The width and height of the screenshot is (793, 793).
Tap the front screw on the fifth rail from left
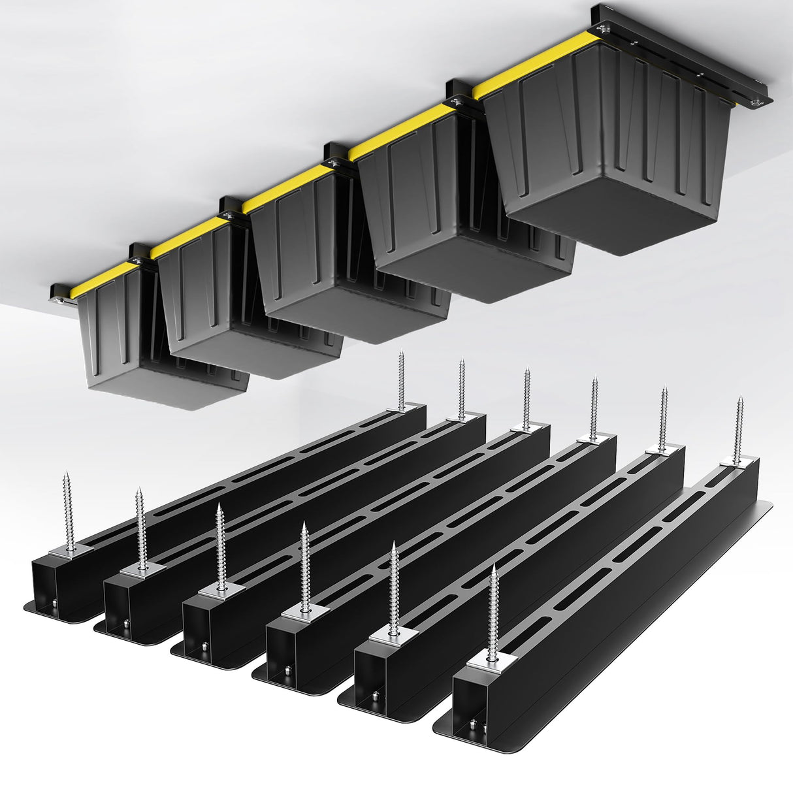394,588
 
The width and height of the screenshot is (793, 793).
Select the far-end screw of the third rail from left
526,398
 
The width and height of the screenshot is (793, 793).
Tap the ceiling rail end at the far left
57,293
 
